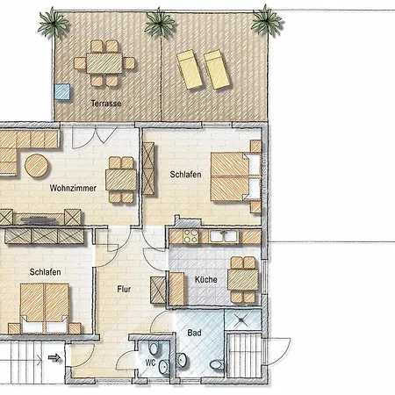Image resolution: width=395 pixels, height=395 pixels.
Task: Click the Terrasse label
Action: (106, 104)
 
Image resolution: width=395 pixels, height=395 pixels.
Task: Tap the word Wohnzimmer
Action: (73, 188)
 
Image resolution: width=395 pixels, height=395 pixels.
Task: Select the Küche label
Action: (206, 279)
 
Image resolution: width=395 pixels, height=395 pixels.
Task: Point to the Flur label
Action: (124, 289)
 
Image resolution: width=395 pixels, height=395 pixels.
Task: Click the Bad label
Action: (194, 333)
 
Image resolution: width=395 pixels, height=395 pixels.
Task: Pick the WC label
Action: (150, 363)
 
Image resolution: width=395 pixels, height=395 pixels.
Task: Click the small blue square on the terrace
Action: (62, 91)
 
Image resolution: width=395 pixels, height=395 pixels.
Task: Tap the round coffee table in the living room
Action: (36, 166)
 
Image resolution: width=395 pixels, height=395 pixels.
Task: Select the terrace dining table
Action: (104, 63)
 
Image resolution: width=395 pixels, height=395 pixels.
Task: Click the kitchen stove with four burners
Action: (190, 236)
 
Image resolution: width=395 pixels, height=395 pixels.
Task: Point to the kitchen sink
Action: (224, 236)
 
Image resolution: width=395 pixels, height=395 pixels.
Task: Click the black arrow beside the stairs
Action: (54, 357)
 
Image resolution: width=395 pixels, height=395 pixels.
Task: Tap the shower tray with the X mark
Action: (242, 320)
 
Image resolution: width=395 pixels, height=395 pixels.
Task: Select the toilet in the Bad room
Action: (217, 365)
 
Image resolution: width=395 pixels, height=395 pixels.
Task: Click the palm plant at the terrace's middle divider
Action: (160, 23)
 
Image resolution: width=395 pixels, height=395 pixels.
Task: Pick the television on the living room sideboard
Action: (39, 219)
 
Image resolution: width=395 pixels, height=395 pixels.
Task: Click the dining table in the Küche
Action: (243, 280)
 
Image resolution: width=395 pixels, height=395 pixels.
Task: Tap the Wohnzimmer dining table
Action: (121, 180)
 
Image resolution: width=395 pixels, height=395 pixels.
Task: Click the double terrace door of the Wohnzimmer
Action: (95, 137)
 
